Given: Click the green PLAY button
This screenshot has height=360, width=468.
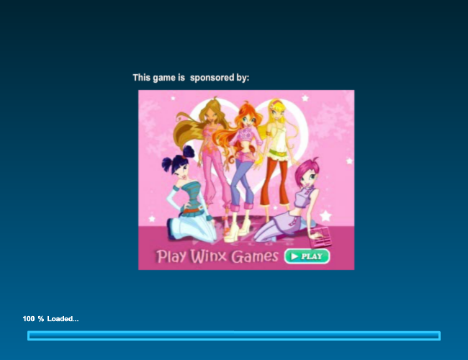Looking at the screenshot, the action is tap(307, 256).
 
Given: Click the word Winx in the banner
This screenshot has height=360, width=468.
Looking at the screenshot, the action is tap(209, 256).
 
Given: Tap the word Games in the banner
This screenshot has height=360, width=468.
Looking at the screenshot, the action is tap(255, 256).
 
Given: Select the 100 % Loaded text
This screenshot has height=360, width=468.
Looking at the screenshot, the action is tap(50, 319).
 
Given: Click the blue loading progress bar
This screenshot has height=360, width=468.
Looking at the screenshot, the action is tap(234, 336).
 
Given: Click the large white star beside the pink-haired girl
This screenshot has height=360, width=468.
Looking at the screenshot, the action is tap(325, 215).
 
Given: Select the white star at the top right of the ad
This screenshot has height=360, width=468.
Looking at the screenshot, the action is tap(305, 98).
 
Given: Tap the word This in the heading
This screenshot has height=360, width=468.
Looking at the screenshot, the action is tap(141, 78).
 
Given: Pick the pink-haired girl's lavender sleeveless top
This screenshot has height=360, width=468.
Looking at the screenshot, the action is tap(305, 197).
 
